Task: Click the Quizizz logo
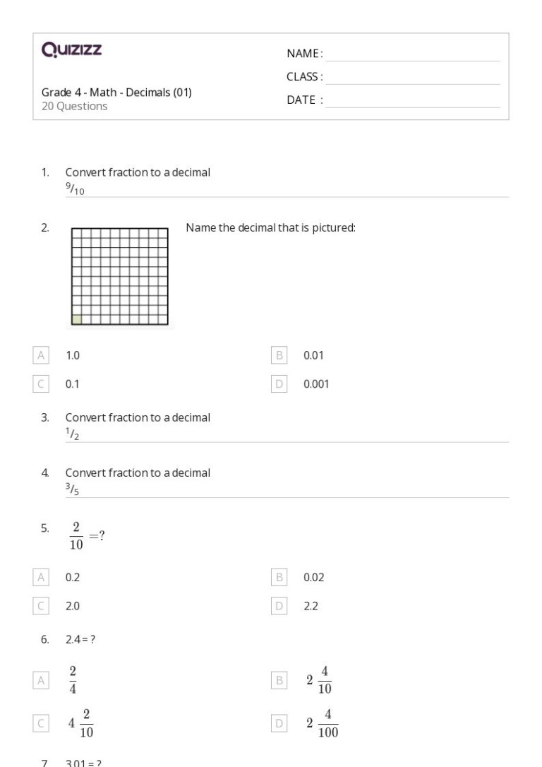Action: (72, 51)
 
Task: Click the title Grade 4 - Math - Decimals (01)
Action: (116, 92)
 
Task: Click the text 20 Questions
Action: (75, 106)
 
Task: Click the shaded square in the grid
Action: (77, 319)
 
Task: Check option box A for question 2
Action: (41, 355)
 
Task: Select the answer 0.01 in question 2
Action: (313, 355)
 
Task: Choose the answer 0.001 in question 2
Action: (315, 384)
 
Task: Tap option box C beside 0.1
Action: (41, 384)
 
